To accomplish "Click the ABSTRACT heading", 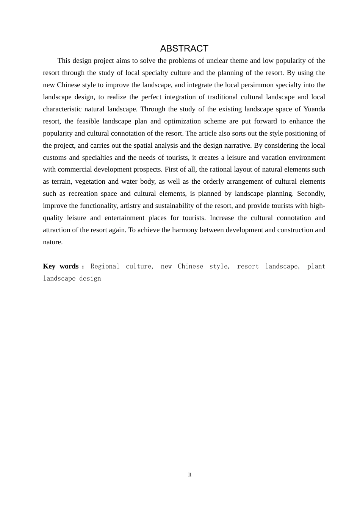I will [184, 48].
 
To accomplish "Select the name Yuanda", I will [315, 109].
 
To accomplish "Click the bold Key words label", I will [61, 266].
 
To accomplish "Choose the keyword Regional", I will [105, 266].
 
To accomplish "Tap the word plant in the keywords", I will [316, 266].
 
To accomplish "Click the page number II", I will [190, 475].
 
